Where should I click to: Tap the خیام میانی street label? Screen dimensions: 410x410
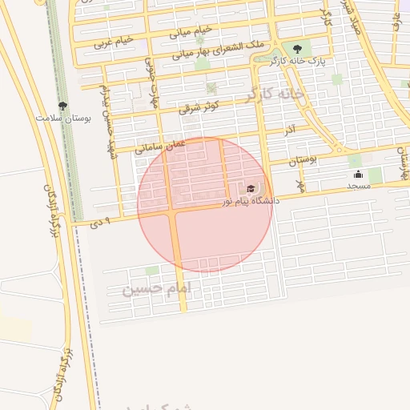[191, 32]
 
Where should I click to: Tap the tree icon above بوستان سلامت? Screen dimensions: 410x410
[63, 106]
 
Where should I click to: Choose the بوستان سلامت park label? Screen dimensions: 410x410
[63, 118]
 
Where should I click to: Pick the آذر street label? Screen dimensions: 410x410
[290, 129]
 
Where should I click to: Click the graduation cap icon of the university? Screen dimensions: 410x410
[251, 189]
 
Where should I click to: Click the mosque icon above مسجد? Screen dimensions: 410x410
[358, 174]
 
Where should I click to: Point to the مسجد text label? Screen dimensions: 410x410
[358, 186]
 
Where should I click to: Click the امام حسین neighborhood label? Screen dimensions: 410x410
[155, 287]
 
